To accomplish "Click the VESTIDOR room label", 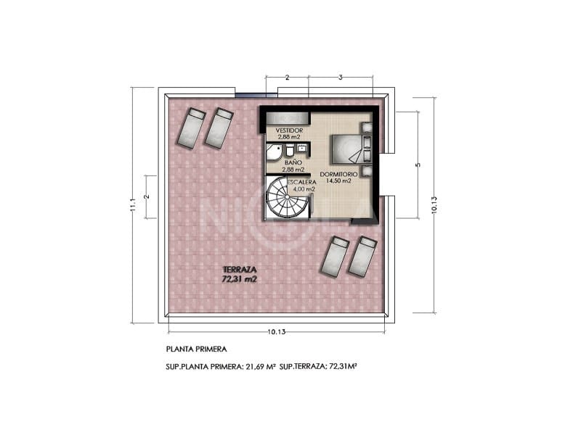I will click(x=279, y=130).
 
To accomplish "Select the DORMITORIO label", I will click(x=338, y=174).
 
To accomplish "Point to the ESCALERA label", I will click(x=301, y=182).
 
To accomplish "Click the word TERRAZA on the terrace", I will click(x=240, y=268).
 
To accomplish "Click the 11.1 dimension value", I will click(x=133, y=207).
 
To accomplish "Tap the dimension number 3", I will click(x=341, y=77).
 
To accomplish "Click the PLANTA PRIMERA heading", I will click(x=196, y=349).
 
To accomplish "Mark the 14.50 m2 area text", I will click(x=338, y=181).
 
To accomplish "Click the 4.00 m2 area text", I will click(x=304, y=189).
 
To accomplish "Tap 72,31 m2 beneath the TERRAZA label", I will click(x=240, y=278).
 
